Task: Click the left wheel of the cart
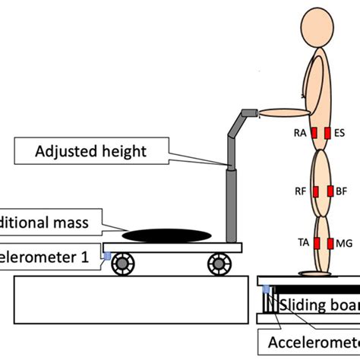click(123, 264)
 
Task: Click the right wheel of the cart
click(218, 264)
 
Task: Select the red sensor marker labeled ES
click(328, 134)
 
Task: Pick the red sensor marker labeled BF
click(329, 193)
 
